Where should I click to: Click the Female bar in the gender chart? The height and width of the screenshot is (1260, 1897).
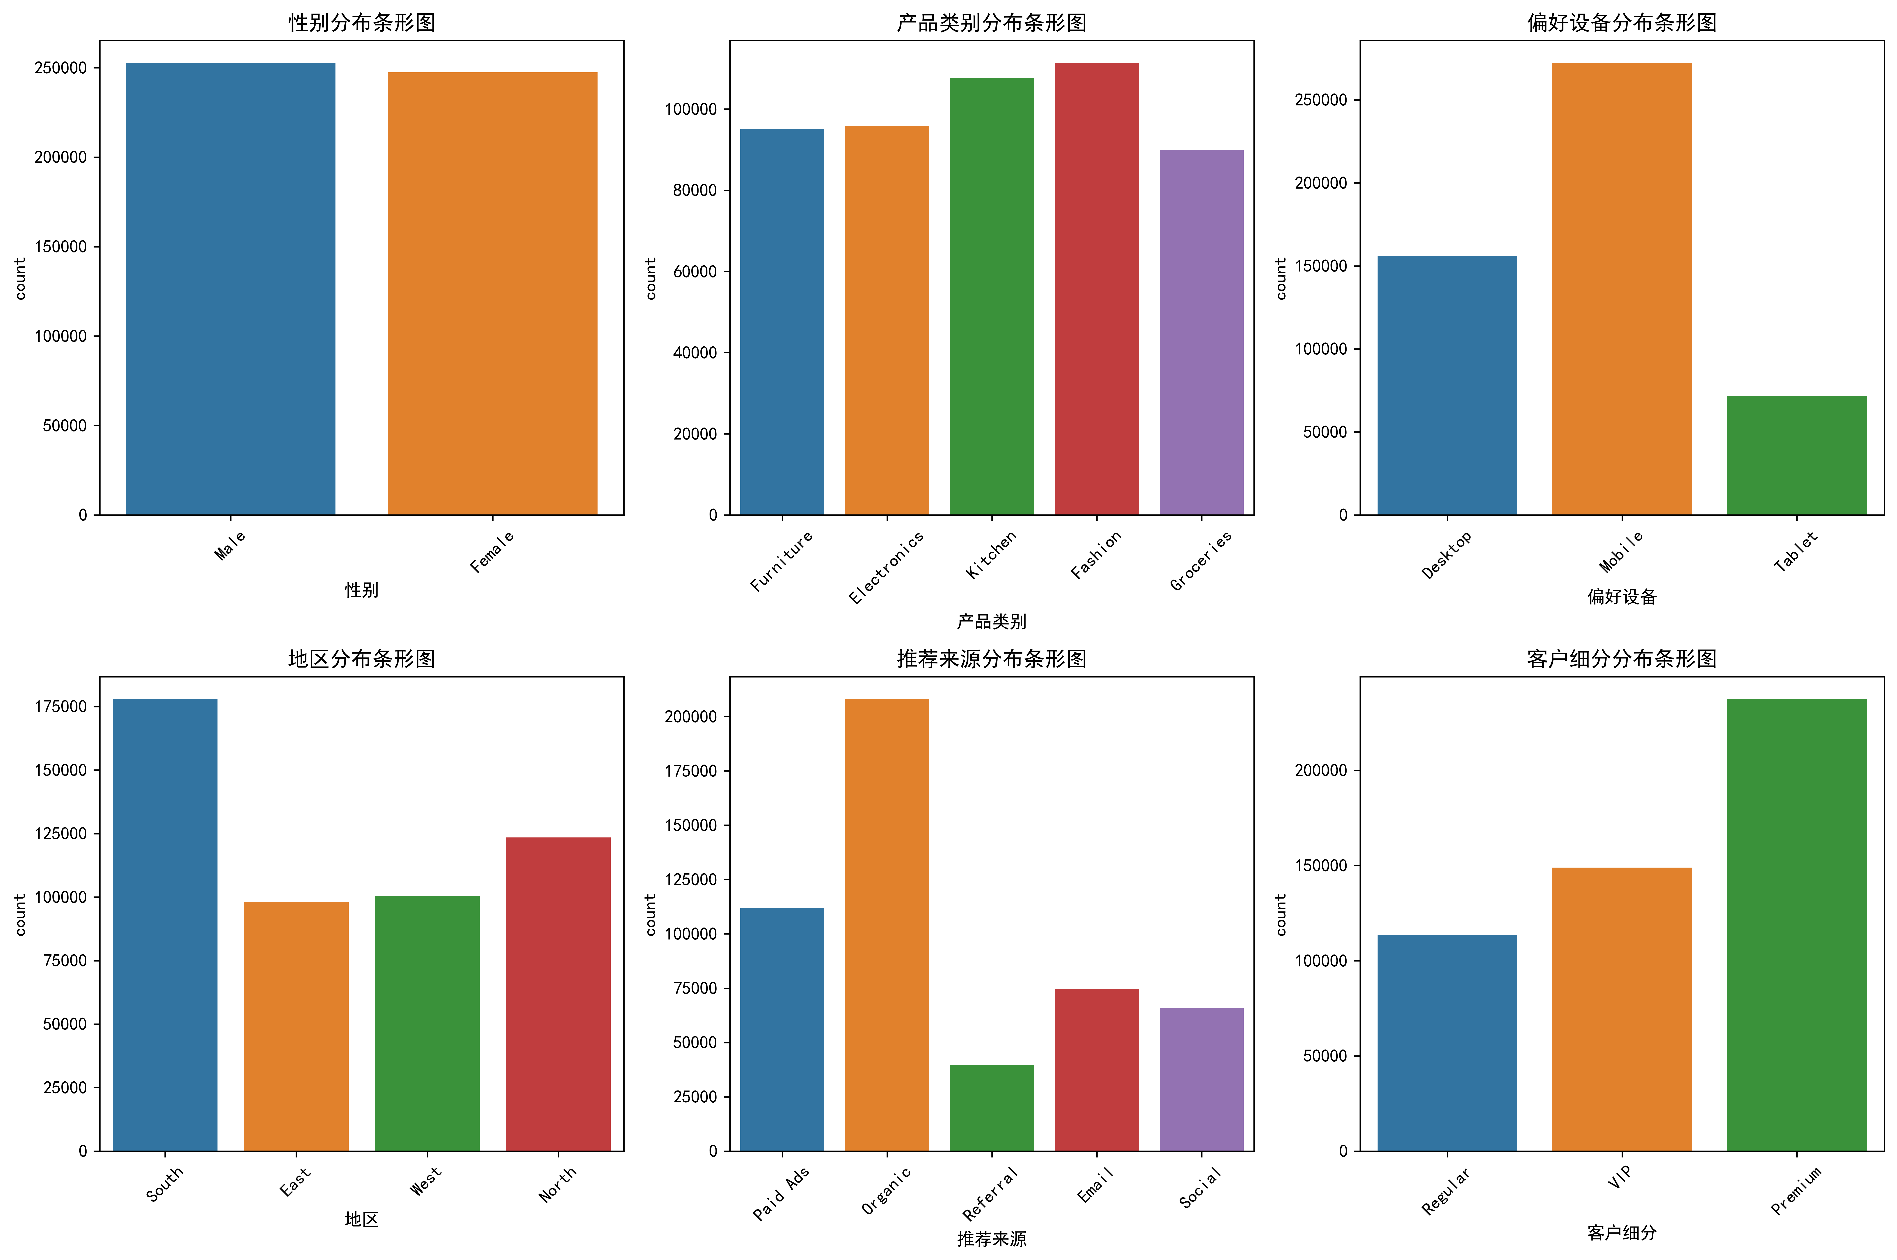[x=492, y=293]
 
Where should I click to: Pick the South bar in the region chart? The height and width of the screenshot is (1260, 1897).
[x=165, y=924]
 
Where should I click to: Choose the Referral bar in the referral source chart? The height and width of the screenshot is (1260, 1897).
[x=991, y=1107]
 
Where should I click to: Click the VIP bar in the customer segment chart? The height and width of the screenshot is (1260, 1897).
[x=1621, y=1008]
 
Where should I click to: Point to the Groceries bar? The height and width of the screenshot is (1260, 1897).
[x=1201, y=332]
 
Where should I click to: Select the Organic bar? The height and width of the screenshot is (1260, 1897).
[x=887, y=924]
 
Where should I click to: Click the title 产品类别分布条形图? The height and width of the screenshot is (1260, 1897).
[x=991, y=22]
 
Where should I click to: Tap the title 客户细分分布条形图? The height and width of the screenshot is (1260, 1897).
[x=1621, y=659]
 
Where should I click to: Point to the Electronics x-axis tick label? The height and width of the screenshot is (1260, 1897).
[x=886, y=567]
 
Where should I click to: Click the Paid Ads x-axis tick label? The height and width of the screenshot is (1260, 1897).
[x=780, y=1193]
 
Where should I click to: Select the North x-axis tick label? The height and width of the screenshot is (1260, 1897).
[x=557, y=1184]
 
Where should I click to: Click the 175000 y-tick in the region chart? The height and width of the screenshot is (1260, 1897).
[x=60, y=706]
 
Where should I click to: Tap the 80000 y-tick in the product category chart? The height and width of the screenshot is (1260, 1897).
[x=695, y=190]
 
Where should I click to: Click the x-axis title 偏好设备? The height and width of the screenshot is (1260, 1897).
[x=1621, y=596]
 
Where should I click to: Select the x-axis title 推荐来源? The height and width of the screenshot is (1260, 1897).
[x=991, y=1238]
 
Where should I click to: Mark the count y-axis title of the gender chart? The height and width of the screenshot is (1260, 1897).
[x=20, y=278]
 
